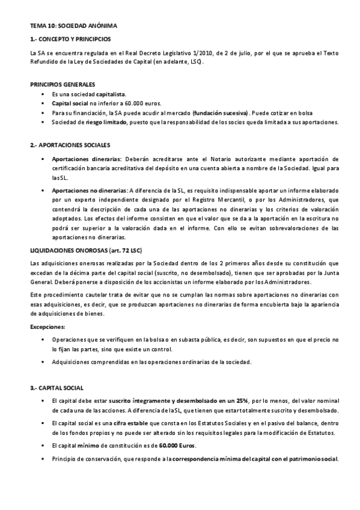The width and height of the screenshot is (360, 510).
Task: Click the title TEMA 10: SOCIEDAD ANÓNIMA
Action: pyautogui.click(x=69, y=26)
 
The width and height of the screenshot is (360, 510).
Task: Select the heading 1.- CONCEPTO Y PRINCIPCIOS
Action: pyautogui.click(x=70, y=39)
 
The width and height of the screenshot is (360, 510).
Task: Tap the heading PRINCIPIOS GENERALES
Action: pyautogui.click(x=62, y=85)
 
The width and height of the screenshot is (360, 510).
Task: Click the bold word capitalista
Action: pyautogui.click(x=111, y=94)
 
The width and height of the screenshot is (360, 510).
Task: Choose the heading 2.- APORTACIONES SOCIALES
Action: pyautogui.click(x=70, y=146)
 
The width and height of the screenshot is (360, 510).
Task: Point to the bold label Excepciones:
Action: pyautogui.click(x=47, y=327)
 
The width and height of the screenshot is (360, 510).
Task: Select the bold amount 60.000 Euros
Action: pyautogui.click(x=177, y=445)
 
